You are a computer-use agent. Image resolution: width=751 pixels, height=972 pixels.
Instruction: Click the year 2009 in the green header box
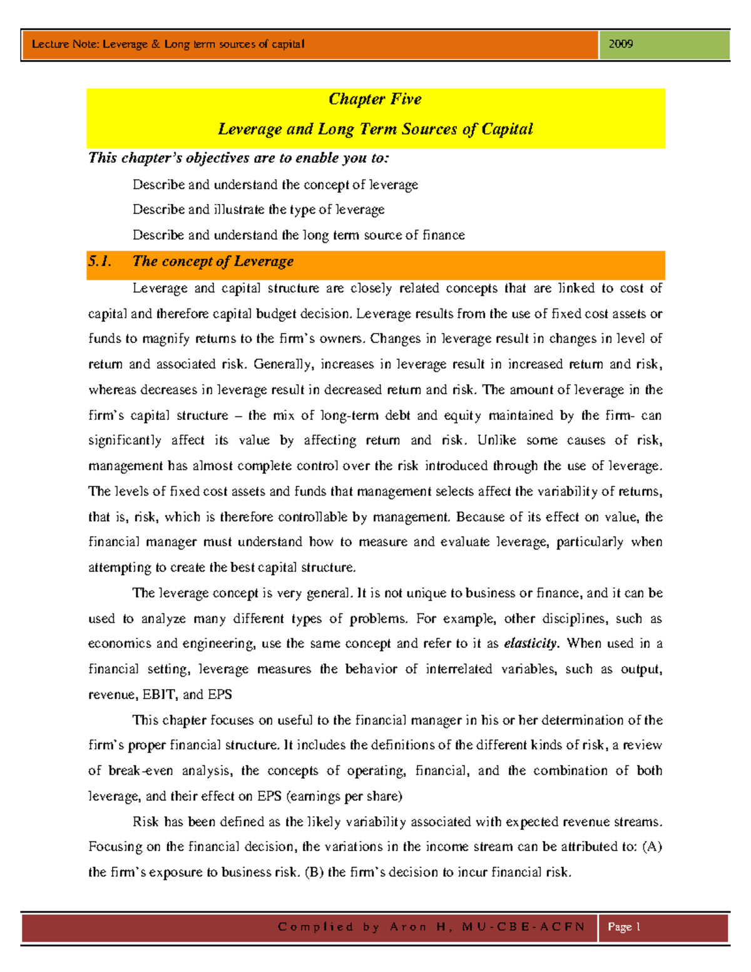[620, 44]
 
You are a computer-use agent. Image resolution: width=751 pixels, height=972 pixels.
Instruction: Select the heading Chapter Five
[375, 99]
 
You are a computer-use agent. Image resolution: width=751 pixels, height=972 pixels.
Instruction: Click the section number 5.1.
[100, 262]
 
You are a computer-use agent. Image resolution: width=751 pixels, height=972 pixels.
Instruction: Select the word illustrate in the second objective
[240, 210]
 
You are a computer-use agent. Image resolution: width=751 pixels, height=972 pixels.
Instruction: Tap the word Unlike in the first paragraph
[496, 441]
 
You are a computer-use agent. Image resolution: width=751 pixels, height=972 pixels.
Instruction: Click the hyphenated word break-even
[141, 771]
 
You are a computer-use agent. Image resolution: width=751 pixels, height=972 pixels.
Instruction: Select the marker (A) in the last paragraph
[652, 847]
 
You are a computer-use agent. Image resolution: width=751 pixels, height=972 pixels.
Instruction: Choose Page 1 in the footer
[624, 927]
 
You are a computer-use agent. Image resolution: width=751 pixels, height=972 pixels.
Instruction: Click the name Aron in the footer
[408, 927]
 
